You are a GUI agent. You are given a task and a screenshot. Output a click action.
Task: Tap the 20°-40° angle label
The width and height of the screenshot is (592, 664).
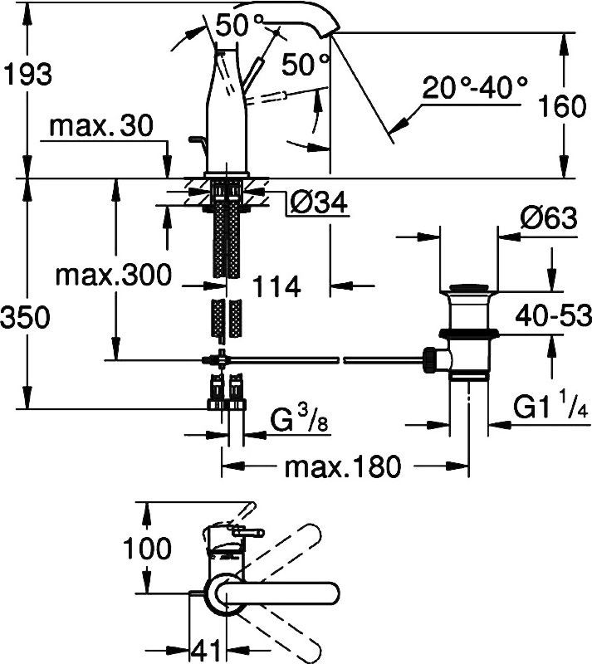pyautogui.click(x=474, y=87)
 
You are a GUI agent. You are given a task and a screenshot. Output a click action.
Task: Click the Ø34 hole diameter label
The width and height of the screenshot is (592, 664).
pyautogui.click(x=318, y=201)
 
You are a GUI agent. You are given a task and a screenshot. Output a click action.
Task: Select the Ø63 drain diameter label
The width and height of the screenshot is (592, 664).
pyautogui.click(x=548, y=220)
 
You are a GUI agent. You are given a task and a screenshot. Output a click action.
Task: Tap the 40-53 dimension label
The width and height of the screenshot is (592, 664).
pyautogui.click(x=551, y=315)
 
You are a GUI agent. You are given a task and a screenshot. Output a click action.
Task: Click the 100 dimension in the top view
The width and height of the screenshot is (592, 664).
pyautogui.click(x=148, y=549)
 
